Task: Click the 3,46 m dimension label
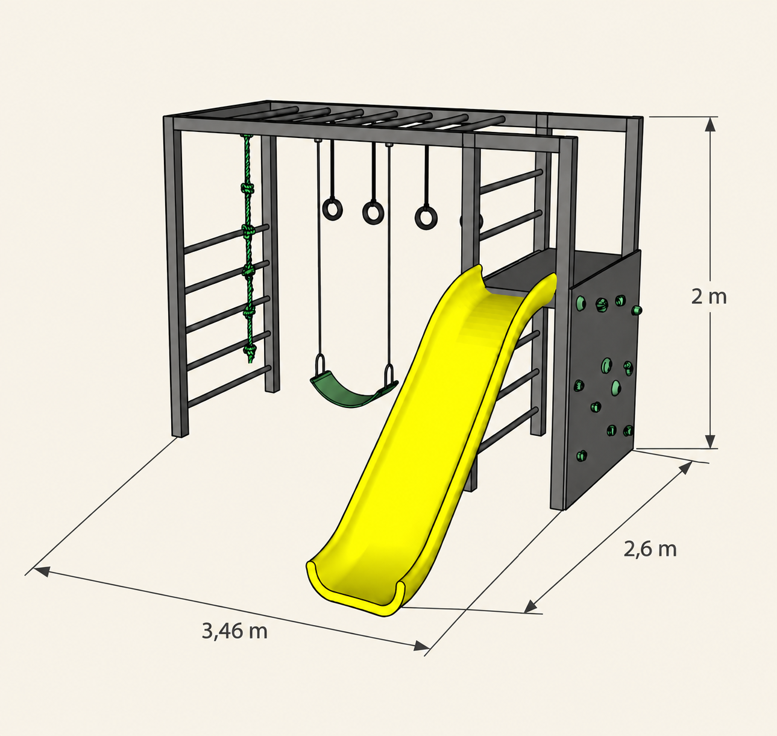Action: point(234,631)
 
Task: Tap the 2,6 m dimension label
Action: point(650,549)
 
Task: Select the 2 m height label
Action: point(709,297)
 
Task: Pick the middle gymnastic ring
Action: point(373,212)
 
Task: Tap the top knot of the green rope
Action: point(247,187)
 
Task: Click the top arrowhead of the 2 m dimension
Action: point(710,124)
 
